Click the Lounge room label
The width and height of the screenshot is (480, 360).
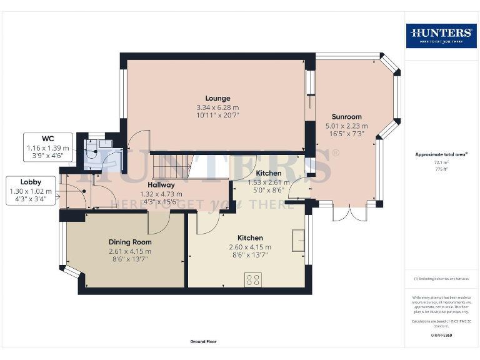point(217,98)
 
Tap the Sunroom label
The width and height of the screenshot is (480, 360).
point(346,117)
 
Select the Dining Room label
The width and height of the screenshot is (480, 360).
point(130,242)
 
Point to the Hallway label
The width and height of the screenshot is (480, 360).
point(161,185)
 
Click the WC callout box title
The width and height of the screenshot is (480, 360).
point(47,138)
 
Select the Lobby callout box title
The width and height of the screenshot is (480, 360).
point(31,181)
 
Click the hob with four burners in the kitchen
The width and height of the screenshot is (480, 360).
point(254,280)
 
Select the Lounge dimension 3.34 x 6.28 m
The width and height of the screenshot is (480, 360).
point(217,107)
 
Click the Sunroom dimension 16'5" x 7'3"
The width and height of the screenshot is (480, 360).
point(346,134)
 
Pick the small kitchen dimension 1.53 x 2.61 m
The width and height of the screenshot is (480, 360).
point(268,182)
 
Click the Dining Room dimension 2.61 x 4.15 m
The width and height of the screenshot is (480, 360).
point(130,251)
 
